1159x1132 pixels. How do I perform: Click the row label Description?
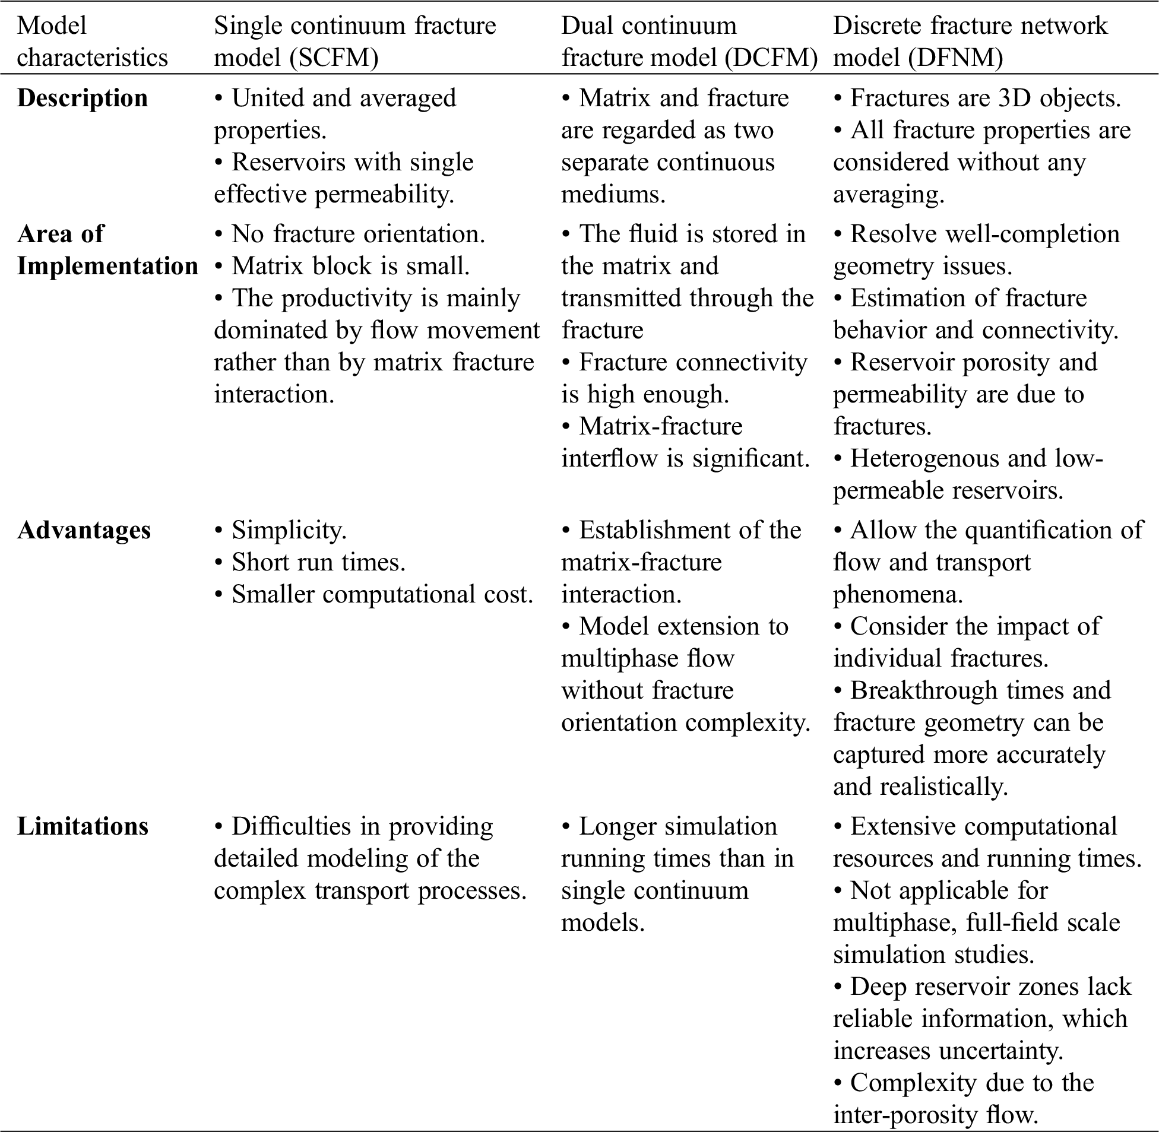(x=82, y=99)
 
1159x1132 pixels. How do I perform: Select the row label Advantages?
(x=84, y=530)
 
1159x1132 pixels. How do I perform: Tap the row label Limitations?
(x=83, y=826)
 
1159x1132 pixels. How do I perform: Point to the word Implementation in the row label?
(x=107, y=267)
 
